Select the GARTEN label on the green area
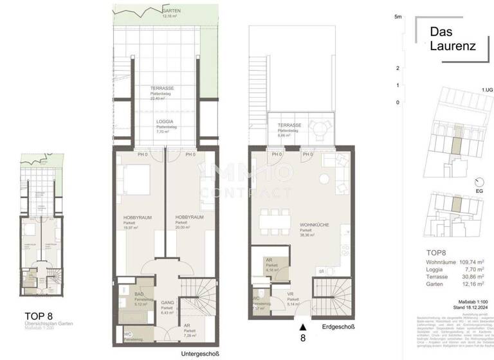[170, 12]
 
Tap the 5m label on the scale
[399, 17]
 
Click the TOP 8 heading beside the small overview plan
[39, 315]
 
